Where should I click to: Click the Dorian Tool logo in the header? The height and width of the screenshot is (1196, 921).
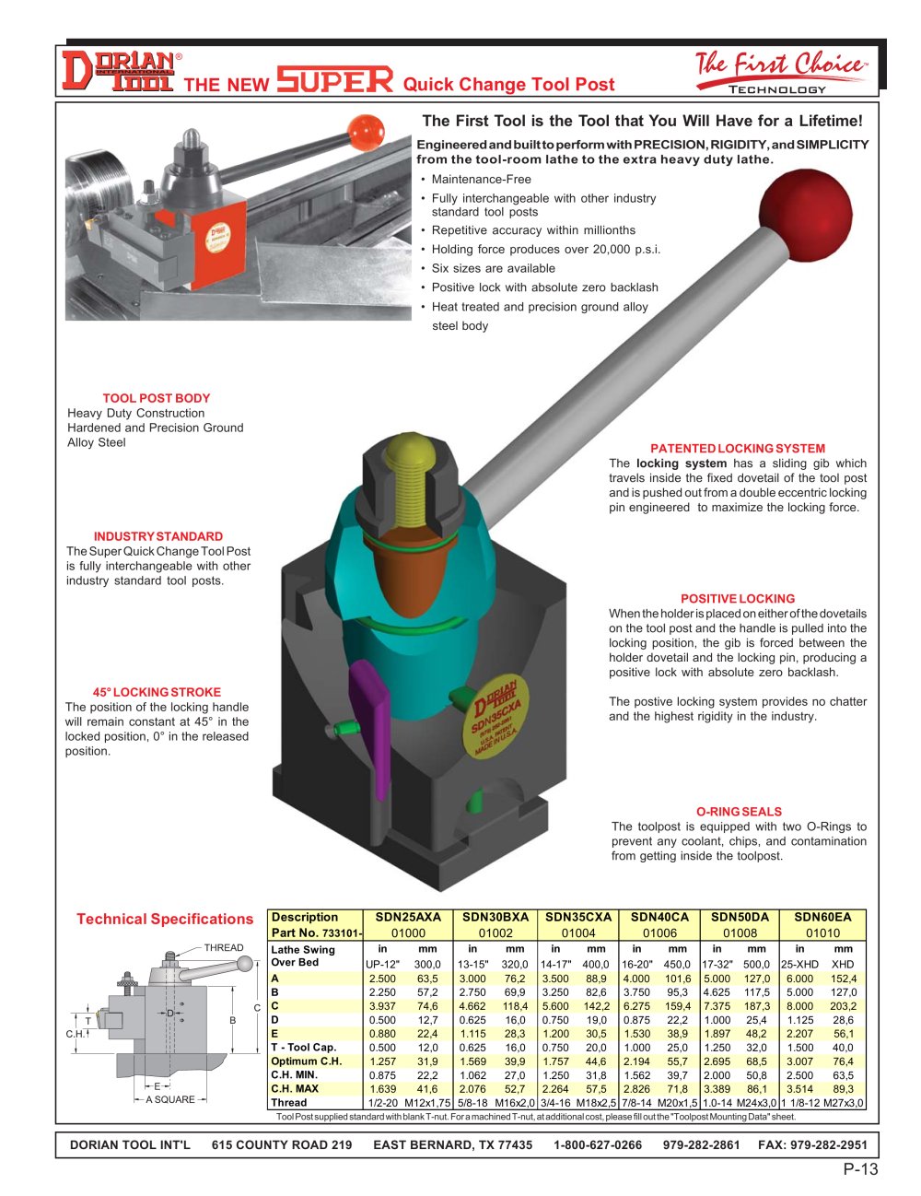coord(118,71)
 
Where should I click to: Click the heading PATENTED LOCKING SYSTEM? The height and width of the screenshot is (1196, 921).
coord(738,449)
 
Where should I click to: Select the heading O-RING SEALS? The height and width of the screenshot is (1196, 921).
coord(739,812)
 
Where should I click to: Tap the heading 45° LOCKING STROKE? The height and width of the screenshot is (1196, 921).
coord(157,692)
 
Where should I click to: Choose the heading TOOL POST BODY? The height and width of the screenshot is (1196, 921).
coord(157,398)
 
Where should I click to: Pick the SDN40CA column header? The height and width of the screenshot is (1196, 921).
coord(659,918)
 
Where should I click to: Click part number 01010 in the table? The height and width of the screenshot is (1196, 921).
coord(822,932)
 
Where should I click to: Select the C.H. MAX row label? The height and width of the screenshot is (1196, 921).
coord(295,1088)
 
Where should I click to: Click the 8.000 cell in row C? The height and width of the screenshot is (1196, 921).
coord(799,1006)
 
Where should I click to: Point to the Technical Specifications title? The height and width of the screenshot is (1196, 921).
coord(165,919)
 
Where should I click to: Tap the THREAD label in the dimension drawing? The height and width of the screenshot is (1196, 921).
coord(224,947)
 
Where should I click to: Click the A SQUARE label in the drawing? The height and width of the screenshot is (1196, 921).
coord(170,1099)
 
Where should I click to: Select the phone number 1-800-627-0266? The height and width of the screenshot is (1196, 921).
coord(598,1144)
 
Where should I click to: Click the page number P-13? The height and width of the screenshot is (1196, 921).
coord(860,1169)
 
